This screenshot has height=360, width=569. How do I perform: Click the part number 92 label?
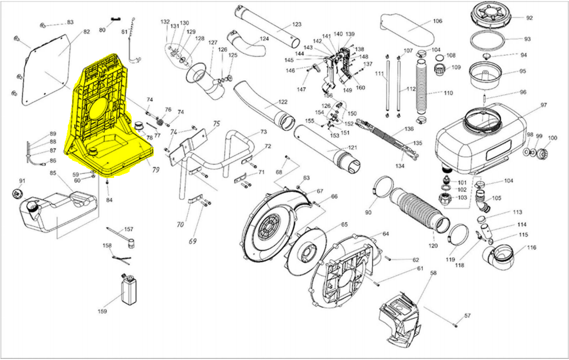click(x=529, y=17)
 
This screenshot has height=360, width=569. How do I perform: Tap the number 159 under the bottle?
click(x=102, y=311)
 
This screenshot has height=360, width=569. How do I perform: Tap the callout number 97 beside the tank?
click(x=543, y=105)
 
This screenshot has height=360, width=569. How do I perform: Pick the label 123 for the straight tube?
click(x=297, y=24)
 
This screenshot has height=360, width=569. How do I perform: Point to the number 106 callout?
click(x=437, y=21)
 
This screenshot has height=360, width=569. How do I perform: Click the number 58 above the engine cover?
click(x=433, y=273)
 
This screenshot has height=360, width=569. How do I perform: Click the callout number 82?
click(x=86, y=32)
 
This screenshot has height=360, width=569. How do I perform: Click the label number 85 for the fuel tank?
click(x=52, y=173)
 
